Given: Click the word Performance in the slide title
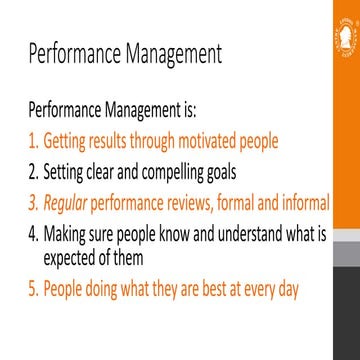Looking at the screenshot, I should point(76,52).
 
